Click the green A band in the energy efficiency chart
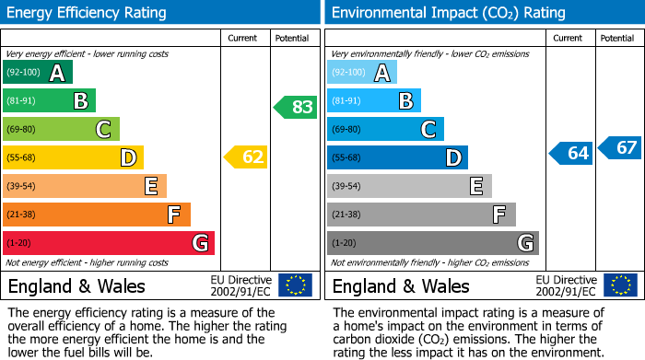point(37,72)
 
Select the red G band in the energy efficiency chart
point(109,243)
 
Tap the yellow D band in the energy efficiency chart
point(73,157)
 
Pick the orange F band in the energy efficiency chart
point(97,215)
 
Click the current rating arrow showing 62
point(246,157)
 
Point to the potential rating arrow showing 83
point(296,107)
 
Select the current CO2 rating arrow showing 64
point(571,153)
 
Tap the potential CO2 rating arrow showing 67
point(620,147)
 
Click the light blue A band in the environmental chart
point(361,72)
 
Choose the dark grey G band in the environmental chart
point(433,243)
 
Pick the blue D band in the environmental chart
point(397,157)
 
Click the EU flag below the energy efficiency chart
point(295,285)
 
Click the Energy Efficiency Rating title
point(88,13)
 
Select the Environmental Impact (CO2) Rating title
point(448,13)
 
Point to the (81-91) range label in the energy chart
point(23,100)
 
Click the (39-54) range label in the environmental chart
point(347,186)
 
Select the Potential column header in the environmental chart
point(617,38)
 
